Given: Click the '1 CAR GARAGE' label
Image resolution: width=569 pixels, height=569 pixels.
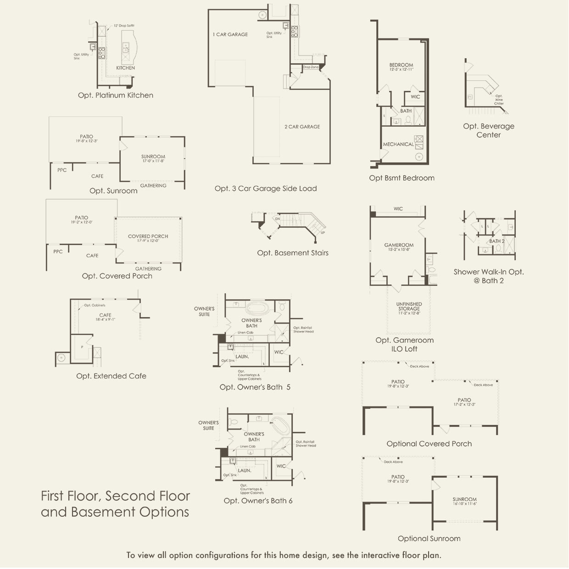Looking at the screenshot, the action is pyautogui.click(x=230, y=34).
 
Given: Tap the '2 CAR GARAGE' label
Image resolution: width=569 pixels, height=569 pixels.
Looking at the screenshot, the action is pyautogui.click(x=302, y=127).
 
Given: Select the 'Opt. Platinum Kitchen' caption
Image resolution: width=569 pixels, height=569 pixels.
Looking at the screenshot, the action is pyautogui.click(x=116, y=95).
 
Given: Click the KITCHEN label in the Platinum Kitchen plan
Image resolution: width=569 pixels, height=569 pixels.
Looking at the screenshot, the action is pyautogui.click(x=125, y=68).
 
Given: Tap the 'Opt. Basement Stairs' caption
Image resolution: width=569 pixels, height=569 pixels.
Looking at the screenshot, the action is pyautogui.click(x=293, y=253).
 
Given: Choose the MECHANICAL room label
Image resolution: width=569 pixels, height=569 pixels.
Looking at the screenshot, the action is pyautogui.click(x=398, y=145).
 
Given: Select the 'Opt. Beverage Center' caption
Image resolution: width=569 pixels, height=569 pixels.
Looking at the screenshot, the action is pyautogui.click(x=489, y=130).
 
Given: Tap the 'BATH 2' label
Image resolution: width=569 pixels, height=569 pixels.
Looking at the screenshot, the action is pyautogui.click(x=496, y=241).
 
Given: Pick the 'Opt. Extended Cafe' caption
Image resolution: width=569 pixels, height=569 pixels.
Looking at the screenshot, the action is pyautogui.click(x=111, y=376).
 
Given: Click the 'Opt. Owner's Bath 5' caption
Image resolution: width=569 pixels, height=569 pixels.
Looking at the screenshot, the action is pyautogui.click(x=255, y=387).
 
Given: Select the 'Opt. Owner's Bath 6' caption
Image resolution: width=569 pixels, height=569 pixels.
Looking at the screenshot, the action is pyautogui.click(x=258, y=501).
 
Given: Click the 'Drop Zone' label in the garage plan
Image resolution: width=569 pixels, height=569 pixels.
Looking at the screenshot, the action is pyautogui.click(x=311, y=67).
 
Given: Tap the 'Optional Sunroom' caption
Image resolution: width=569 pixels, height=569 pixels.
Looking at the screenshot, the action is pyautogui.click(x=429, y=539).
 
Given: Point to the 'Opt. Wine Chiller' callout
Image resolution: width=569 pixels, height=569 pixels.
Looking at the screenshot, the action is pyautogui.click(x=499, y=100).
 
